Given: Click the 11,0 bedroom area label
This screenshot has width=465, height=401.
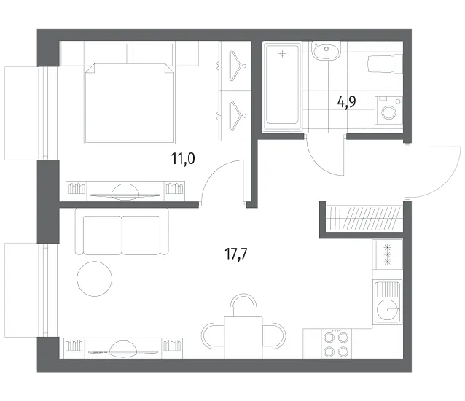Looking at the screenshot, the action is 183,158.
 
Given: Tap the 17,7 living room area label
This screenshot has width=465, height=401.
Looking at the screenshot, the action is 236,254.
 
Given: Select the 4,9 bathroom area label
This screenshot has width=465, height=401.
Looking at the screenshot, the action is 347,102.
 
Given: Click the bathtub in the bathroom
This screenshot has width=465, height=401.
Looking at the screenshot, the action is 282,87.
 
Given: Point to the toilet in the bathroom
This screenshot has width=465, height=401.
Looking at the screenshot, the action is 386,63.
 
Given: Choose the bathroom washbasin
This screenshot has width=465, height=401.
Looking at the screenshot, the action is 326,51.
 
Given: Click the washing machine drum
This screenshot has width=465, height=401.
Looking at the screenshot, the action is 388,112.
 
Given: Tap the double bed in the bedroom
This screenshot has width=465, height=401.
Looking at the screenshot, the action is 129,104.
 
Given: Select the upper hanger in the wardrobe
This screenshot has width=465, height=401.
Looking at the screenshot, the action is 237,66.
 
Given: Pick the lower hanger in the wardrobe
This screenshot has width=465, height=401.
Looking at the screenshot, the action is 237,116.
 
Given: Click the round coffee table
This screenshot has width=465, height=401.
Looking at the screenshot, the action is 95,279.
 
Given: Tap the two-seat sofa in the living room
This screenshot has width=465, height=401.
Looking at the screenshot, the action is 122,232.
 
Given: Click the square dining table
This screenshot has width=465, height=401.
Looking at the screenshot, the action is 243,338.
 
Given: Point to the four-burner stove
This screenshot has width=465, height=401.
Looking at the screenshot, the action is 336,343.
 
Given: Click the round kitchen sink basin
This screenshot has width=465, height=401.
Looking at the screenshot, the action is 387,310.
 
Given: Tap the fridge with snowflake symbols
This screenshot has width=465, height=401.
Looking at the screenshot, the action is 387,254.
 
